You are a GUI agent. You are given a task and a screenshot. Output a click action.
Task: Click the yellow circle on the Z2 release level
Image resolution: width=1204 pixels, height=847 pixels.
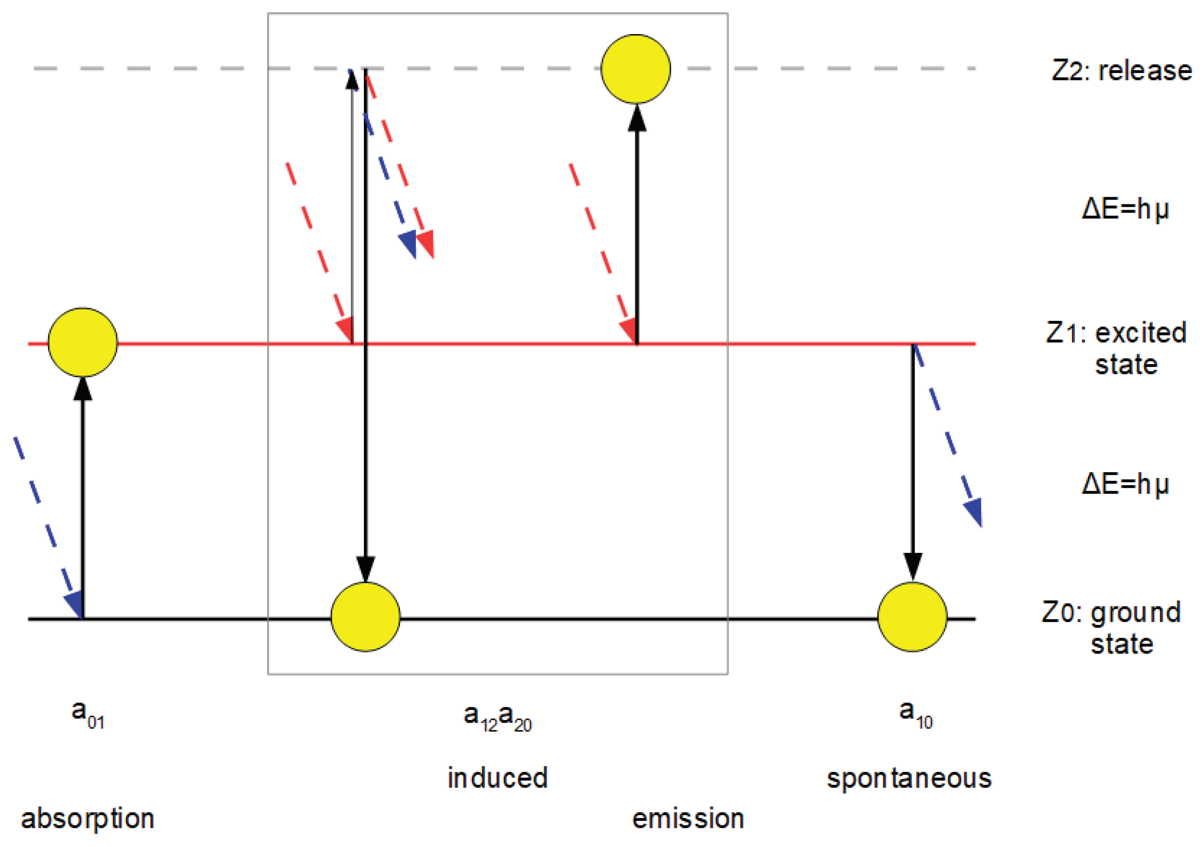pos(635,69)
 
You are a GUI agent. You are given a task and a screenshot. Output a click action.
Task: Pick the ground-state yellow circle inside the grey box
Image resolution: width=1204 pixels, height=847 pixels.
pos(366,617)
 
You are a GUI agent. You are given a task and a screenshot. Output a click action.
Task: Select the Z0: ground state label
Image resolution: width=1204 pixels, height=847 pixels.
pos(1112,628)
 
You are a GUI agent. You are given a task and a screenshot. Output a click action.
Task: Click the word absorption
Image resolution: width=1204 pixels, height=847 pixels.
pos(88,819)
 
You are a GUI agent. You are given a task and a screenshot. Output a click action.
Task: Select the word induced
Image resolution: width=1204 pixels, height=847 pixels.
pos(497,778)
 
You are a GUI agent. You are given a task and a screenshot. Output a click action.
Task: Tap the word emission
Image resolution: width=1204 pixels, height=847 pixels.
pos(688,819)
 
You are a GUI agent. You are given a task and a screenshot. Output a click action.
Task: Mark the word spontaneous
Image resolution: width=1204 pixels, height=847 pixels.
pos(909,778)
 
